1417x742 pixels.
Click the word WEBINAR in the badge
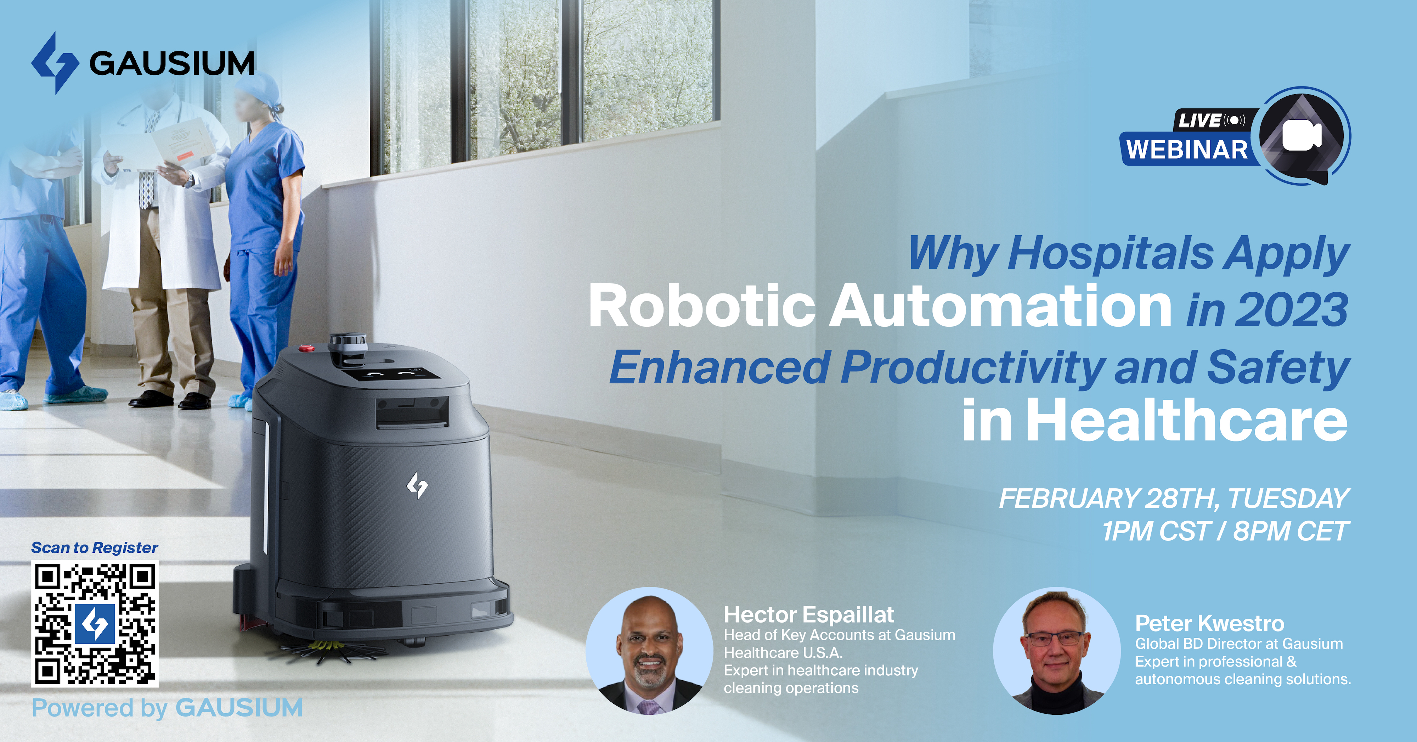1187,150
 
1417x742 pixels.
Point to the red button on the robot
306,348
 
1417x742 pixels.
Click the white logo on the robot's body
417,486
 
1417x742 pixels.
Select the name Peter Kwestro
1210,624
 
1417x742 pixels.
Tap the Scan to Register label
95,548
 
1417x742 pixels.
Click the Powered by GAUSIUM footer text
167,708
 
